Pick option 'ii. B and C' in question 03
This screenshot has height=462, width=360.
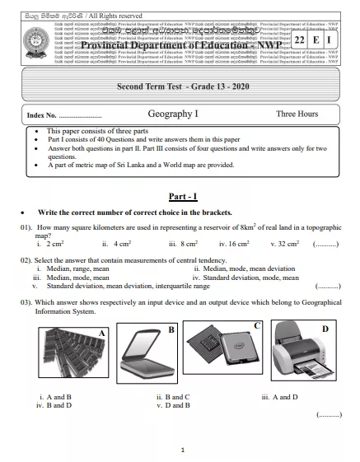pyautogui.click(x=172, y=397)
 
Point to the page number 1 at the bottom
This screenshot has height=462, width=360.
pyautogui.click(x=180, y=449)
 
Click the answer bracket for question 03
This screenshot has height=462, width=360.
pyautogui.click(x=329, y=416)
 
